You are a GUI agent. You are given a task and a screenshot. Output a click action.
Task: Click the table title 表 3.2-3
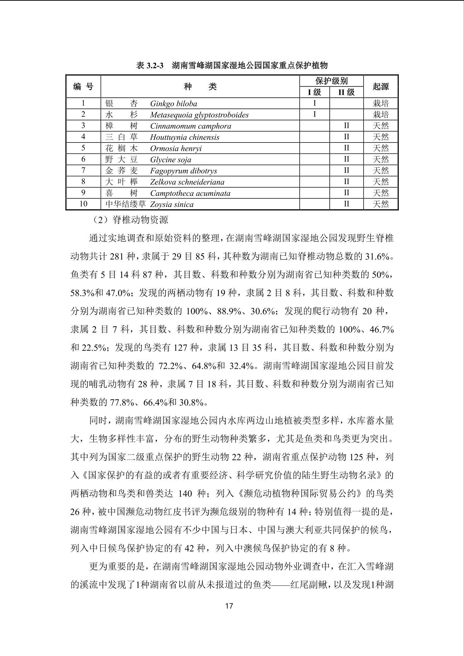tap(150, 65)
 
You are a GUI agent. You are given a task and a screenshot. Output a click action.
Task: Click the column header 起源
tap(381, 87)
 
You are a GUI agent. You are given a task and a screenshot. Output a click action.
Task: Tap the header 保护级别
tap(331, 81)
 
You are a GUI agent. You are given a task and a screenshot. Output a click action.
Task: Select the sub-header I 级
tap(314, 92)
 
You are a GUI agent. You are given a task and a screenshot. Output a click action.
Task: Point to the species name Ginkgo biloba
tap(173, 104)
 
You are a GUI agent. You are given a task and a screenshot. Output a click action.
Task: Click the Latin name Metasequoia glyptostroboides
tap(199, 115)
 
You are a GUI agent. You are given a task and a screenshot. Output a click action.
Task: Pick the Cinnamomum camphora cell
tap(191, 126)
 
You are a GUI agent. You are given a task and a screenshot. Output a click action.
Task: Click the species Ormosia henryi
tap(176, 148)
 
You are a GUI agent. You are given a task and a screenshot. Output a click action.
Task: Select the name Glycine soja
tap(171, 160)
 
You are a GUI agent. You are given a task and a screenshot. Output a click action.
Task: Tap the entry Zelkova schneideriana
tap(187, 182)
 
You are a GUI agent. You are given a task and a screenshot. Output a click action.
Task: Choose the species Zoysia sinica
tap(172, 205)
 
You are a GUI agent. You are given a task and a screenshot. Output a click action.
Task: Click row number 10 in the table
tap(83, 204)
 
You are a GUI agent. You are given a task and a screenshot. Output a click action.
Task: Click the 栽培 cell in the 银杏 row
tap(381, 103)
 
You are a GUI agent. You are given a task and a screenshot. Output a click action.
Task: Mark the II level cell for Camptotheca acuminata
tap(346, 193)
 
